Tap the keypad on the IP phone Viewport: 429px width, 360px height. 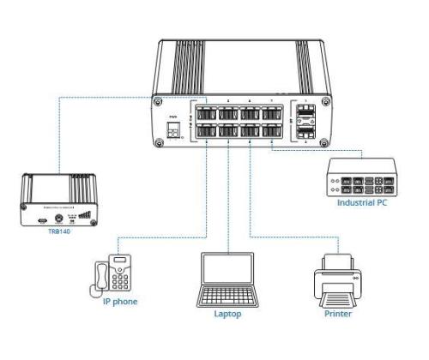[x=121, y=278]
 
